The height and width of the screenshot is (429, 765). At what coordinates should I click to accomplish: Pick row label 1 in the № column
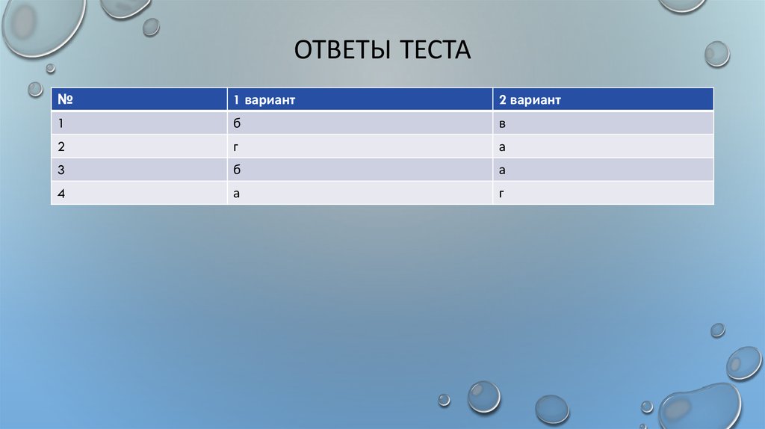[60, 123]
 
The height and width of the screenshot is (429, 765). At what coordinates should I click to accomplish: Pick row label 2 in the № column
[61, 146]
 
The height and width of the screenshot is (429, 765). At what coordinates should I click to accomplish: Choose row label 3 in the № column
[61, 170]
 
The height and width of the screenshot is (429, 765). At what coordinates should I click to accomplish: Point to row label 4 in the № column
[61, 193]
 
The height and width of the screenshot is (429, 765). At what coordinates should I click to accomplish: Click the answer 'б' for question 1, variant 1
[236, 123]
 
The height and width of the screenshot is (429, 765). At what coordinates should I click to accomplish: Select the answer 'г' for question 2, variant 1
[235, 147]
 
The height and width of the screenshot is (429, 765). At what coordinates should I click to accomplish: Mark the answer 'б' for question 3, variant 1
[236, 170]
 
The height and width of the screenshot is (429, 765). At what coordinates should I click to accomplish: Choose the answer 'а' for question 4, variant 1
[236, 194]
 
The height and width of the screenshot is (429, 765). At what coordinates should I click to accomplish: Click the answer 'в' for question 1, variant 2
[502, 123]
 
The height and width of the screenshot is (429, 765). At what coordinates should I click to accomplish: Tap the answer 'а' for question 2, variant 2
[502, 147]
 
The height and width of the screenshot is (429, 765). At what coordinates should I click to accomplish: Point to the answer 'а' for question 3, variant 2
[502, 170]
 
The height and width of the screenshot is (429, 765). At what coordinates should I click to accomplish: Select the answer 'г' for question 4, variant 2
[502, 194]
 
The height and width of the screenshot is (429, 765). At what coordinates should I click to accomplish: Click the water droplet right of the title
[716, 53]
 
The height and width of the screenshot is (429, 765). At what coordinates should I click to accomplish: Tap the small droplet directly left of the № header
[35, 89]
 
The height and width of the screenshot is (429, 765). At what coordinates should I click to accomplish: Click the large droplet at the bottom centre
[483, 396]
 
